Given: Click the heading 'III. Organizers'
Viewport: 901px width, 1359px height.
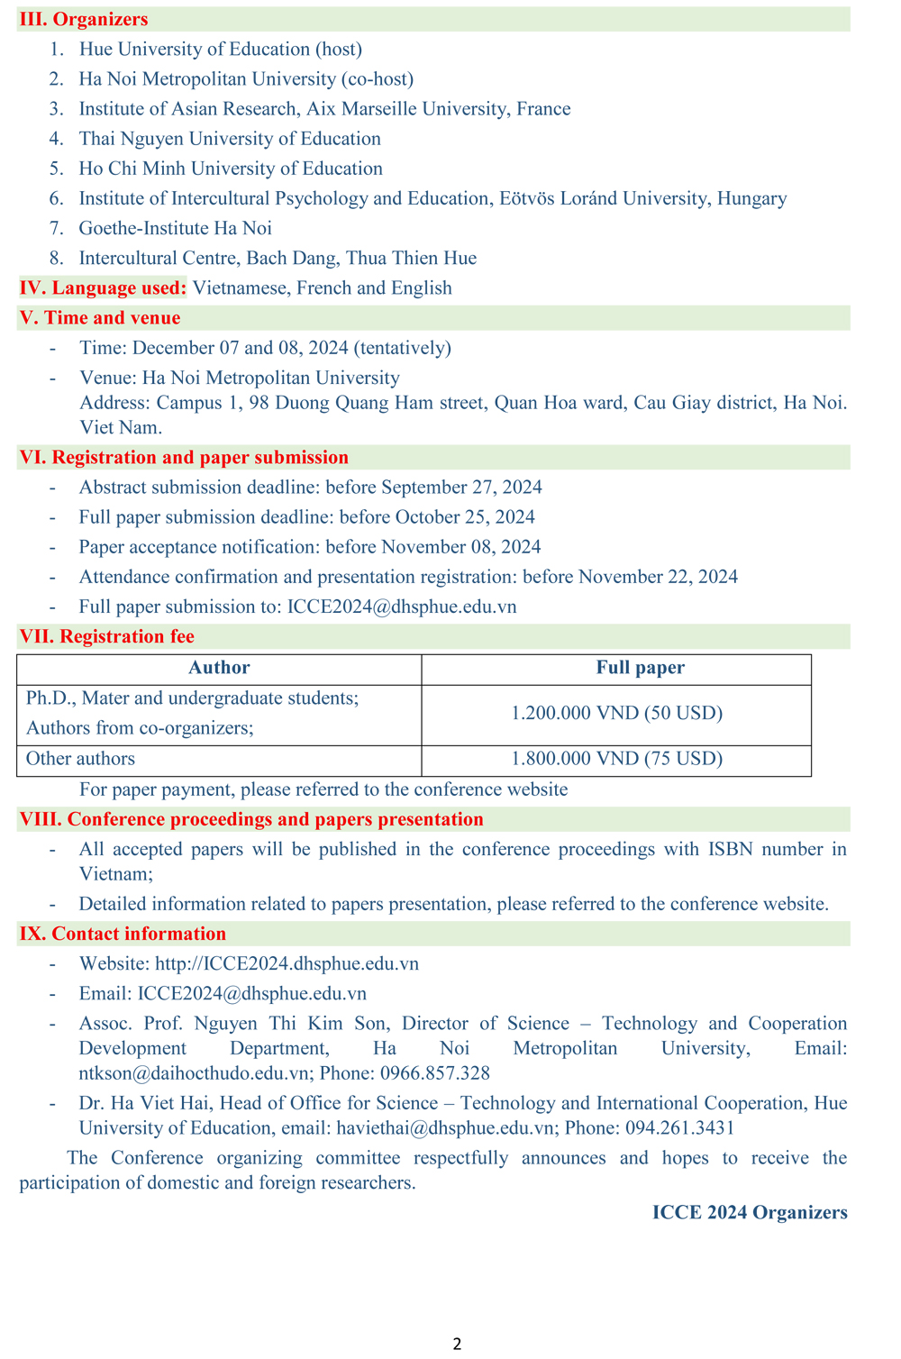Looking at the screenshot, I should coord(84,19).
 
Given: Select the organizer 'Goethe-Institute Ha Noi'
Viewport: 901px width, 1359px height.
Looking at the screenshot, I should coord(175,228).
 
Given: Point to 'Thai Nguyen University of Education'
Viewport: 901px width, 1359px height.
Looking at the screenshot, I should coord(230,139).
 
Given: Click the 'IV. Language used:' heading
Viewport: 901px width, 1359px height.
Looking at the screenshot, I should coord(103,287).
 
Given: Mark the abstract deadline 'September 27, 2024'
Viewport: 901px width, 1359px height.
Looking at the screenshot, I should coord(461,488).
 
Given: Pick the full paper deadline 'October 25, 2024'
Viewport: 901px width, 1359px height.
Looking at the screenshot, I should coord(460,517).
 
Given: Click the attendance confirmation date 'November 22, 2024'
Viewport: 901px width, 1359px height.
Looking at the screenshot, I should coord(658,577).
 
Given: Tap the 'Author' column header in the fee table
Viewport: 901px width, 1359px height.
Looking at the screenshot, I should coord(219,668).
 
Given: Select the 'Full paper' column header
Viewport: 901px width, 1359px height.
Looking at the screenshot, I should coord(640,668).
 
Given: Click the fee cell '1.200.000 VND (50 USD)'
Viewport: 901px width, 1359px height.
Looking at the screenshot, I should coord(616,714).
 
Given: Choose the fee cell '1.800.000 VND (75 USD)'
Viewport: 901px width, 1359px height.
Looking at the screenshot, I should coord(616,759).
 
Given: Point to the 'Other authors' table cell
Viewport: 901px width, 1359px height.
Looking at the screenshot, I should coord(80,759).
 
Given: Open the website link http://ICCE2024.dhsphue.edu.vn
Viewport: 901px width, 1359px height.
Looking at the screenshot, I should coord(287,964).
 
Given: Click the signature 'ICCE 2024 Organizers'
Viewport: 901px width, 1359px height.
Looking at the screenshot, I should coord(750,1213).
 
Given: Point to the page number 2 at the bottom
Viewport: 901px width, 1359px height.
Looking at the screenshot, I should coord(457,1344).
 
